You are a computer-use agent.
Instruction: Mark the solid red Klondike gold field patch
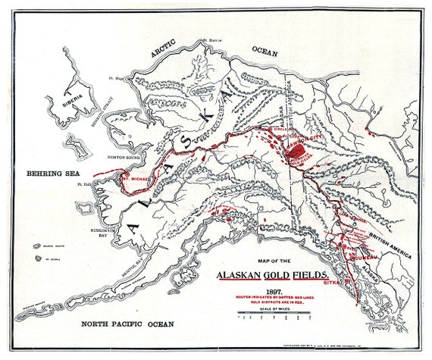(x=296, y=152)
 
